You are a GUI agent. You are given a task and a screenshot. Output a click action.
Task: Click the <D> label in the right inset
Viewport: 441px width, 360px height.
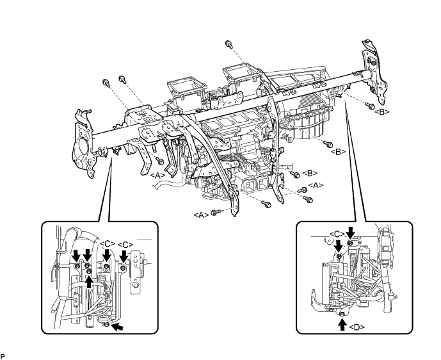click(358, 325)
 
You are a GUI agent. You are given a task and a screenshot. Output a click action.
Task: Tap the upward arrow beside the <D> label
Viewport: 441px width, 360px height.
click(342, 324)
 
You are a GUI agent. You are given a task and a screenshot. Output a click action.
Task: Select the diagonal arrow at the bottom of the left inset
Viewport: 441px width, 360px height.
click(118, 327)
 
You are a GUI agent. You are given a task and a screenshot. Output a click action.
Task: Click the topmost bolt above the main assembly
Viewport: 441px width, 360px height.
click(229, 44)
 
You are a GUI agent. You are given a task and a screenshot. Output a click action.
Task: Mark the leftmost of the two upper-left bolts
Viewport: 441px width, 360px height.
click(104, 83)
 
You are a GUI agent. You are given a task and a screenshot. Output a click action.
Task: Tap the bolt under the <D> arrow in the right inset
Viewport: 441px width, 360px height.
click(342, 313)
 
